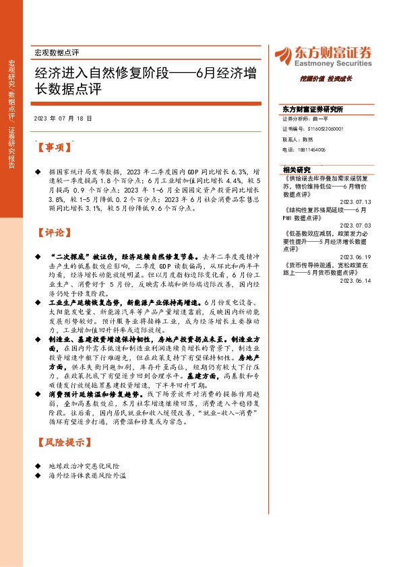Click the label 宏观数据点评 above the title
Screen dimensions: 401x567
[57, 52]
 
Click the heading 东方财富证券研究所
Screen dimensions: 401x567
[313, 109]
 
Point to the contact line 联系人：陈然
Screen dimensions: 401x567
[299, 138]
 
